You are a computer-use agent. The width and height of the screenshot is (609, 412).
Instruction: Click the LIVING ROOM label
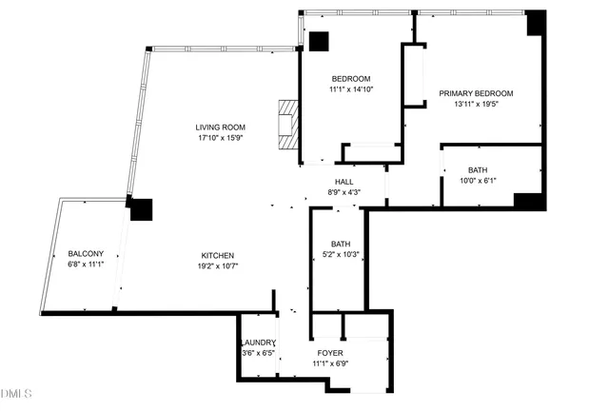click(x=220, y=128)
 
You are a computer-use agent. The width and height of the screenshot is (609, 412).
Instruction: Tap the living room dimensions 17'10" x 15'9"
click(x=220, y=138)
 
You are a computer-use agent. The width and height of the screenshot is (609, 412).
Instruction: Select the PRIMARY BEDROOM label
click(x=476, y=93)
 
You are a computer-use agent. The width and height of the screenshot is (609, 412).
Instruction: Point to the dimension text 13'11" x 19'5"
click(x=476, y=105)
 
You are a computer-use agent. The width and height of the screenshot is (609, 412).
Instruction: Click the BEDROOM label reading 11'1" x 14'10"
click(x=350, y=78)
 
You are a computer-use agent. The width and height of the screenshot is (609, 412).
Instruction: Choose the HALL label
click(x=344, y=182)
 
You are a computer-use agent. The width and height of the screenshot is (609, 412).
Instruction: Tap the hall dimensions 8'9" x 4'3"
click(x=344, y=192)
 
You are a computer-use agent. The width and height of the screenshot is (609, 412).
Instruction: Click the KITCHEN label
click(x=218, y=255)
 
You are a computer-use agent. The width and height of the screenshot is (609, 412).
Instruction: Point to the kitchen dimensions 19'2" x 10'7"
click(x=218, y=266)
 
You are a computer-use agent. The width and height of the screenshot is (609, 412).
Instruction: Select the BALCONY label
click(x=86, y=253)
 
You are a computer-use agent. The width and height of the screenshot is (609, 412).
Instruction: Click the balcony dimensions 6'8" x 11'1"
click(x=86, y=265)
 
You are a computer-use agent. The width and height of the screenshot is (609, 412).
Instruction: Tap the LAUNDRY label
click(x=258, y=343)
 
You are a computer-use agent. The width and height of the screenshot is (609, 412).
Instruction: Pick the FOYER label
click(x=330, y=353)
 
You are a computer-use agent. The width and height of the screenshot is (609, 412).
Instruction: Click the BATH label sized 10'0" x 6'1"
click(x=477, y=169)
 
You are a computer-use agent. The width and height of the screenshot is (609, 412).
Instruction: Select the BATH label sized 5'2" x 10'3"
click(x=340, y=245)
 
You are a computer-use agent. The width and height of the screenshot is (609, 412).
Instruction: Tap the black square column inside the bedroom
click(x=318, y=42)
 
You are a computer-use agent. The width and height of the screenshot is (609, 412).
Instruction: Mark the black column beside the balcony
click(x=141, y=209)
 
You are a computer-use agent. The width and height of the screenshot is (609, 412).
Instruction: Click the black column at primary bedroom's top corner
click(x=537, y=22)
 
